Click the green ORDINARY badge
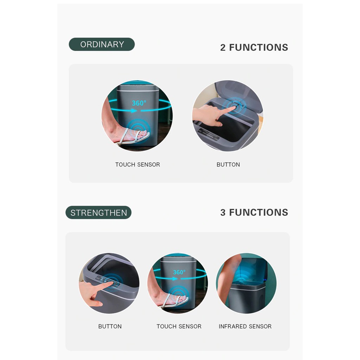pos(102,44)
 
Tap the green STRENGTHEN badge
pos(98,213)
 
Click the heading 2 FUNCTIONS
pos(254,47)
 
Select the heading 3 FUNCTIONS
pos(254,212)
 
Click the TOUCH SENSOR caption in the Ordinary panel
pos(137,165)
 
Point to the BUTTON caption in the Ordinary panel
pos(228,165)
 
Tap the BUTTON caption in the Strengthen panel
pos(110,327)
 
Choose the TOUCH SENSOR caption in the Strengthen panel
pos(179,327)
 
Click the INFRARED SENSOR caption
pos(245,327)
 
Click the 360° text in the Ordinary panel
pos(139,103)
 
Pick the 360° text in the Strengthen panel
pos(179,272)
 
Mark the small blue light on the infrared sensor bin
pos(265,280)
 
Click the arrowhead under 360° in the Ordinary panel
pos(135,111)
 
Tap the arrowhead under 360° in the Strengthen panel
pos(175,279)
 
